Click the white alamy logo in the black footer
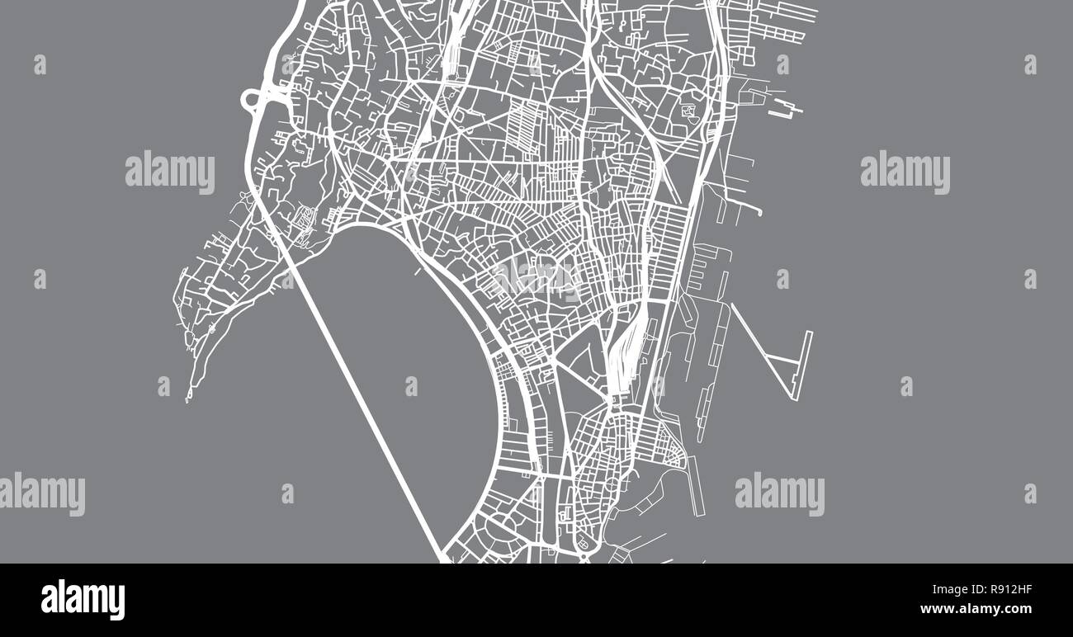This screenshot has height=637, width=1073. (83, 600)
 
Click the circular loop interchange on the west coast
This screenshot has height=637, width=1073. (252, 101)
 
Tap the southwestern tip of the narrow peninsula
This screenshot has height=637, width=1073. (188, 399)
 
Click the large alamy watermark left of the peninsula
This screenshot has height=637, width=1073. (170, 172)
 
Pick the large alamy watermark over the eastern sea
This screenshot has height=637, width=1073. (905, 172)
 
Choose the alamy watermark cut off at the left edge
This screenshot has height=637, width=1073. (41, 493)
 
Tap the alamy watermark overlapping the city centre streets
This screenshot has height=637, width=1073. (536, 276)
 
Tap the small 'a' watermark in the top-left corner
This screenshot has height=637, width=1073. (40, 64)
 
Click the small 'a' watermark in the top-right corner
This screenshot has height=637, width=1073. (1030, 64)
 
